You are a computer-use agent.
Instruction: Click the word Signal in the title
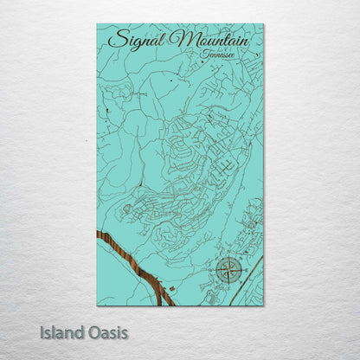point(138,41)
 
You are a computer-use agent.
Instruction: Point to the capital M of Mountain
point(182,40)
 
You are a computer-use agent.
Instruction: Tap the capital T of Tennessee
point(202,54)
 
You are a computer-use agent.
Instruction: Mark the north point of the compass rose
point(229,256)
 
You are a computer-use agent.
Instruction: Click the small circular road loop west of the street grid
point(127,209)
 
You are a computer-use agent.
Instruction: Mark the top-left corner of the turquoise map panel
point(97,24)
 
